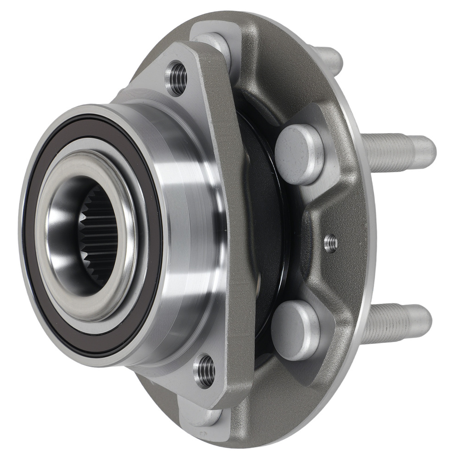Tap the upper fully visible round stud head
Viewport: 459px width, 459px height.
click(x=299, y=154)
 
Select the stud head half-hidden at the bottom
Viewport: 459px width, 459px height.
click(x=202, y=415)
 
